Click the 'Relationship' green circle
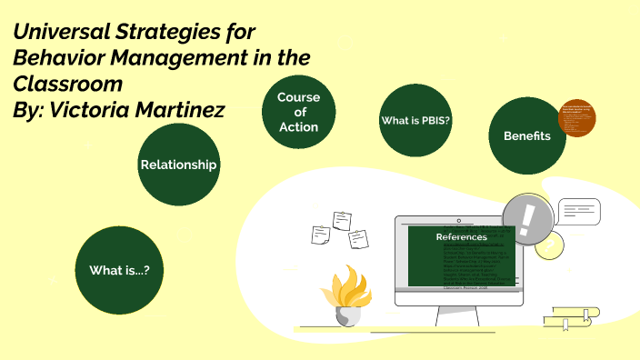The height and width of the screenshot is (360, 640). click(x=178, y=165)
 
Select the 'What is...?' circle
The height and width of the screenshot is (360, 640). click(x=119, y=270)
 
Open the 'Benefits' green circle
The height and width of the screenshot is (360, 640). click(x=527, y=135)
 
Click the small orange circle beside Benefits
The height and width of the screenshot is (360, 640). click(x=576, y=118)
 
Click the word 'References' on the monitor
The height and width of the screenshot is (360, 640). click(x=461, y=236)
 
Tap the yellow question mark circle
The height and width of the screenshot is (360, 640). click(x=547, y=244)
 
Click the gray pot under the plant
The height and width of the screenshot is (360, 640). click(x=348, y=315)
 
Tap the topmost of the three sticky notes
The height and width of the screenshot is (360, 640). click(x=343, y=219)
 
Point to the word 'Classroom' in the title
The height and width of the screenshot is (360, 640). click(x=67, y=84)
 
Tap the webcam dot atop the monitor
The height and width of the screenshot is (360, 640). click(x=460, y=219)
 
